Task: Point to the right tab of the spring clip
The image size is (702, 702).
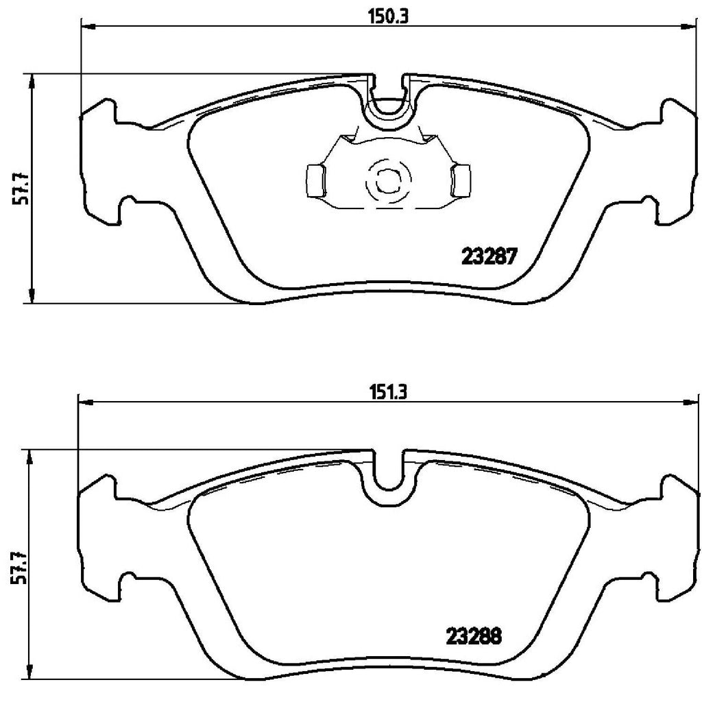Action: (461, 179)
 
